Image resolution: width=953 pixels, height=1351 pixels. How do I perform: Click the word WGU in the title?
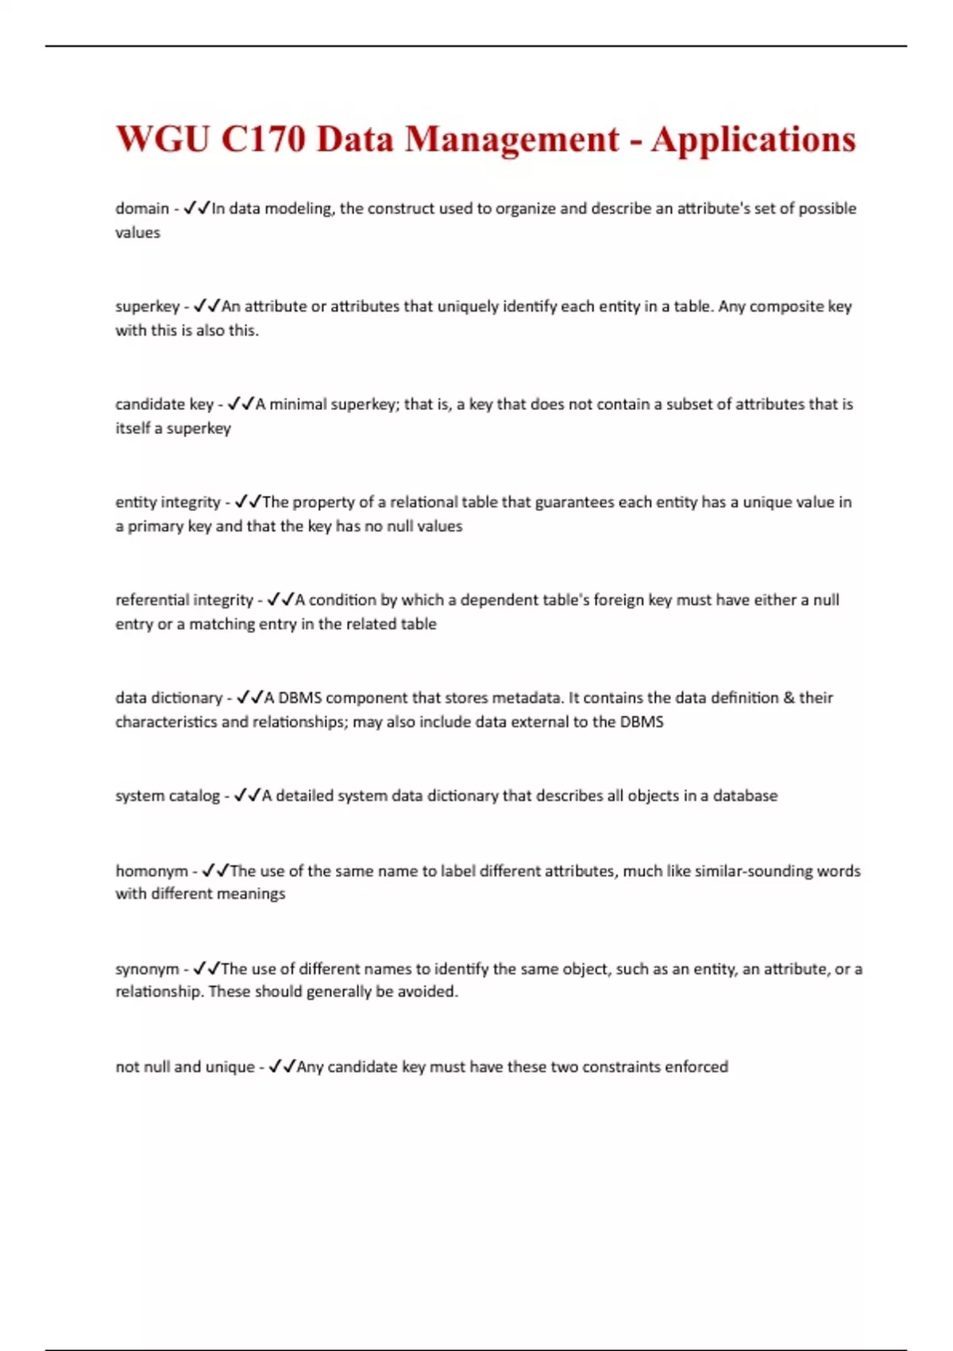tap(163, 139)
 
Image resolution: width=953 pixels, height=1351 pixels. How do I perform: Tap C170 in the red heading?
tap(263, 139)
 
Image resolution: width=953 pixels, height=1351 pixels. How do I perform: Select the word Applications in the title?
tap(753, 139)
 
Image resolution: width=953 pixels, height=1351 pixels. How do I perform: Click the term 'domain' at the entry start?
tap(142, 208)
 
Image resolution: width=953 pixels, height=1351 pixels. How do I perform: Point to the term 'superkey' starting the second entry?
tap(147, 306)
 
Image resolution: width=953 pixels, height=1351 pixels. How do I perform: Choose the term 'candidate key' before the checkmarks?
tap(164, 404)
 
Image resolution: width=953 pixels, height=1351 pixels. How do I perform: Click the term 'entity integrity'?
tap(168, 501)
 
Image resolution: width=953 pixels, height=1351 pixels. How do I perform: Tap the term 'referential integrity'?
tap(184, 599)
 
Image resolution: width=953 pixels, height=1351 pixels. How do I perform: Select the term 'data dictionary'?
tap(168, 697)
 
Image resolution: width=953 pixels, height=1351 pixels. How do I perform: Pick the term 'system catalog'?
tap(167, 795)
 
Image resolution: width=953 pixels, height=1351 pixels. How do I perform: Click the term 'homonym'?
tap(152, 870)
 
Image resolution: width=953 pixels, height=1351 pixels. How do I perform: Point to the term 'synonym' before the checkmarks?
tap(147, 968)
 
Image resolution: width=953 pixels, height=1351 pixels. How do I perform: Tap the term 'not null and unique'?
tap(185, 1066)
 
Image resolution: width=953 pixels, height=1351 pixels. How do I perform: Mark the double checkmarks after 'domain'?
tap(197, 208)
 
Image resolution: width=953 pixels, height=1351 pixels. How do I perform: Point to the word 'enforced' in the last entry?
tap(696, 1066)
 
